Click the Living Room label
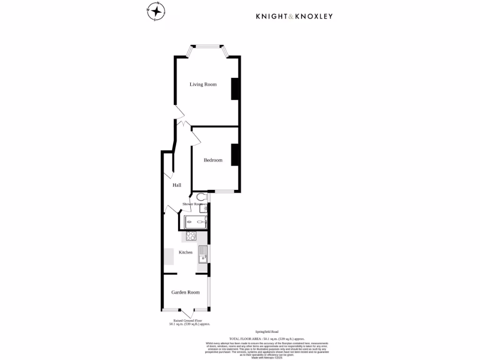(x=203, y=84)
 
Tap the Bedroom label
(x=213, y=160)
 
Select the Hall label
(x=177, y=185)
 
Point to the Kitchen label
(x=186, y=252)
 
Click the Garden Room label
(x=185, y=292)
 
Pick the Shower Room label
(x=193, y=204)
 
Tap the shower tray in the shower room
(x=196, y=222)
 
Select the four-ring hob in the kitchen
(x=191, y=236)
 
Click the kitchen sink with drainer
(x=202, y=255)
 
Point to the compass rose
(x=156, y=12)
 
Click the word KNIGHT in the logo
(x=271, y=16)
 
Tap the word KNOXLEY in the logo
(x=314, y=16)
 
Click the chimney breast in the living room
(x=235, y=89)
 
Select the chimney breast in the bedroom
(x=235, y=154)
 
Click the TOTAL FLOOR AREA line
(x=267, y=338)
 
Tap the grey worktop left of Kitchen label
(x=168, y=255)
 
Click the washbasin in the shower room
(x=203, y=209)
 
